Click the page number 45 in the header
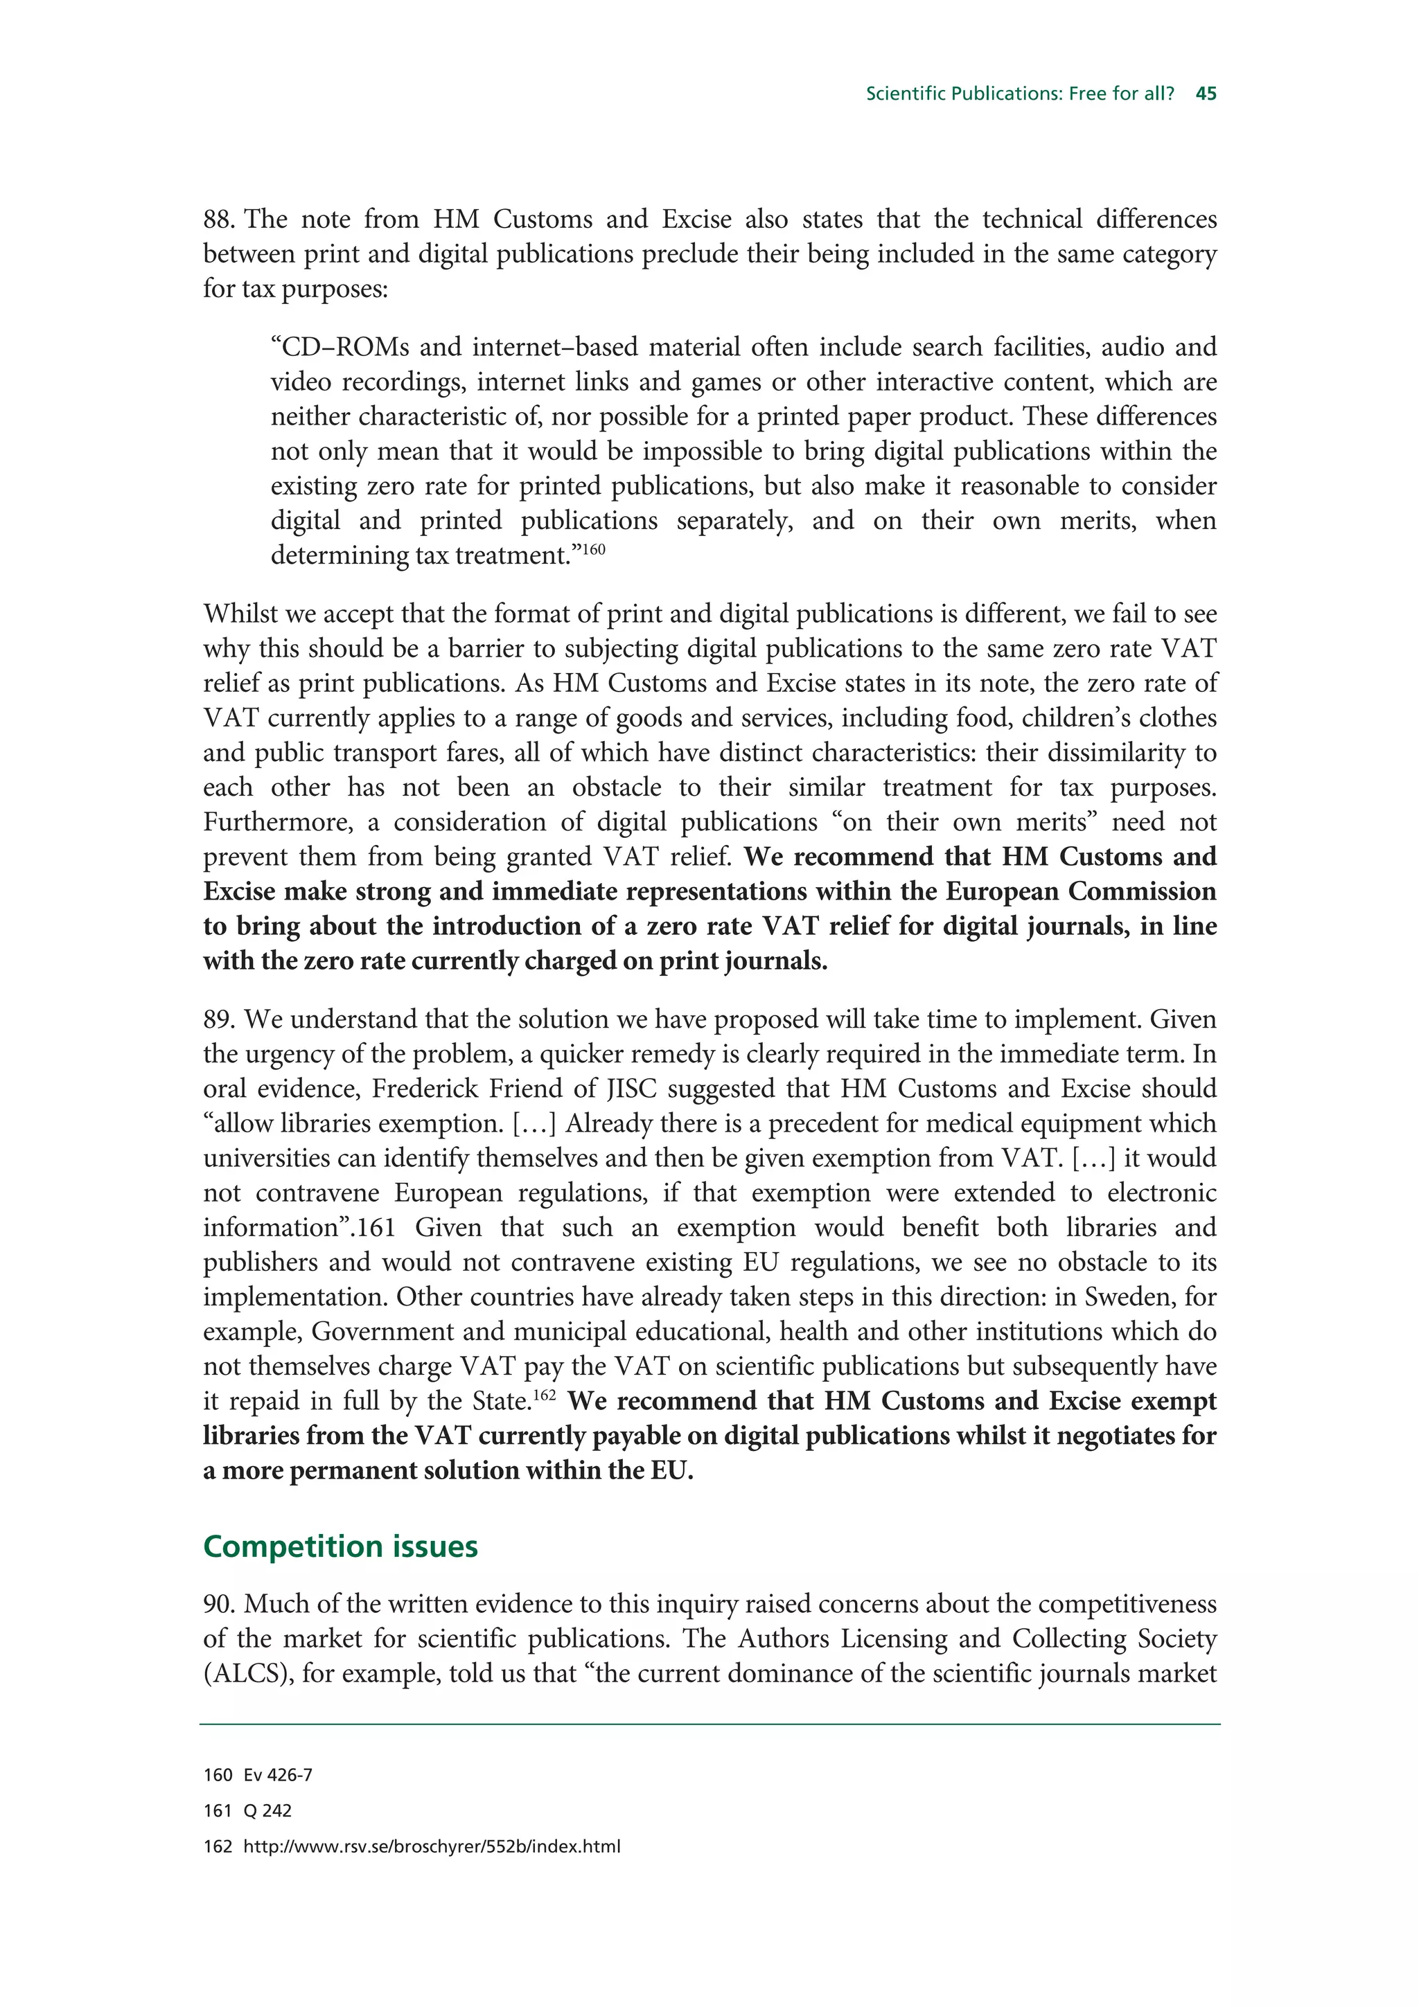(x=1206, y=93)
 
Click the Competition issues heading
(x=340, y=1546)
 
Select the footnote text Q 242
(x=267, y=1811)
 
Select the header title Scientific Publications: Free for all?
(x=1019, y=93)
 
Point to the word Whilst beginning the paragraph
(x=238, y=614)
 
